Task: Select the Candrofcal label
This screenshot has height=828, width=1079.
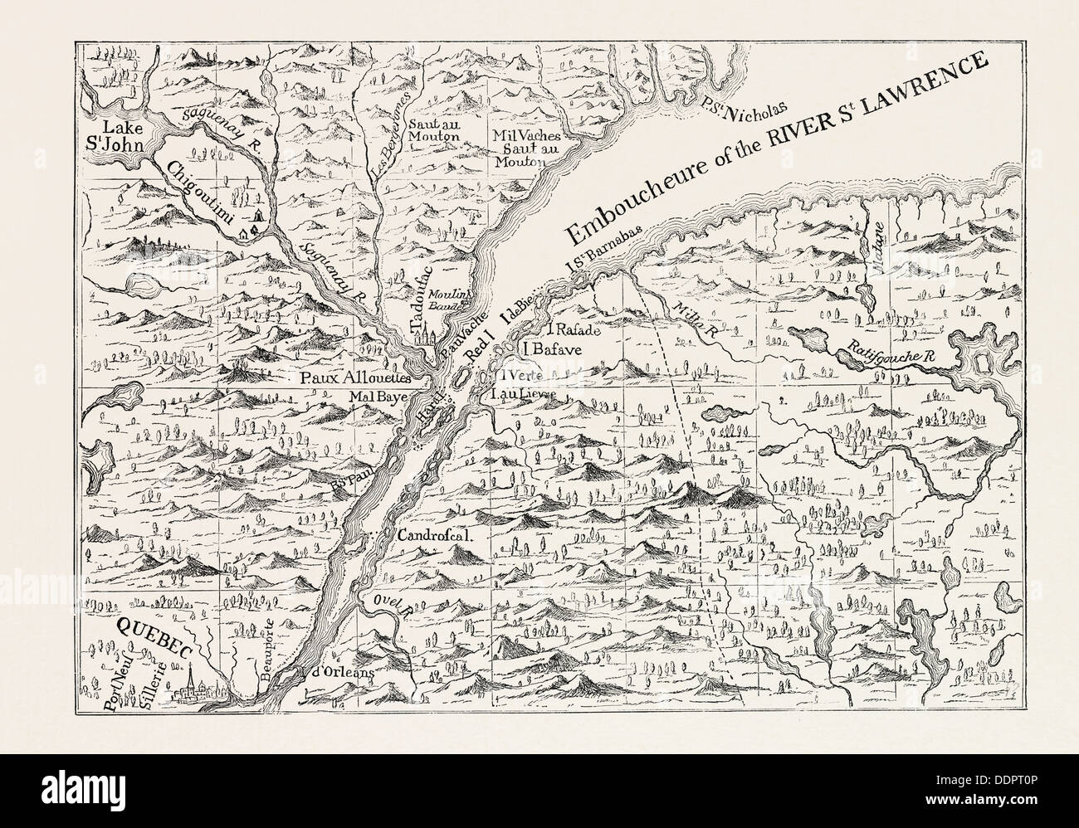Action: [x=435, y=535]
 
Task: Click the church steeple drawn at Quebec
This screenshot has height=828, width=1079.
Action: [x=191, y=679]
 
